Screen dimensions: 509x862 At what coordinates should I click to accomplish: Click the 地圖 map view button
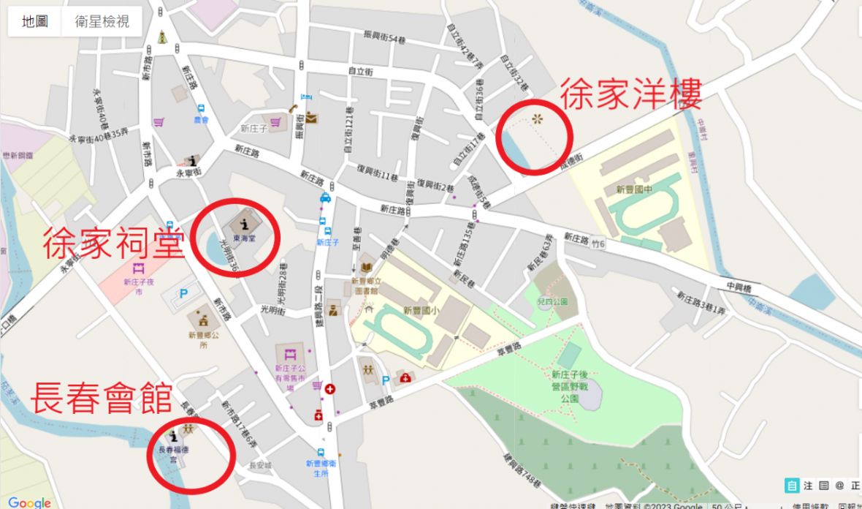[x=35, y=21]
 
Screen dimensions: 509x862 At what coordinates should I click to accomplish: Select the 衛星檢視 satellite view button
[x=102, y=21]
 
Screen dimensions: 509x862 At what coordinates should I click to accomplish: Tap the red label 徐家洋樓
[x=630, y=95]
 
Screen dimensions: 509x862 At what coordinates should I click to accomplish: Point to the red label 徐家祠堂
[x=113, y=244]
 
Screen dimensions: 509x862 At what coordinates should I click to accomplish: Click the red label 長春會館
[x=101, y=400]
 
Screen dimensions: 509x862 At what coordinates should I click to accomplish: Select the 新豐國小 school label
[x=421, y=309]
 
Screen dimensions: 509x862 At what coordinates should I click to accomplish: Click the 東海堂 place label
[x=243, y=238]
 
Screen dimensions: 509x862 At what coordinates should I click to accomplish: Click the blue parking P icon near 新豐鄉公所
[x=184, y=293]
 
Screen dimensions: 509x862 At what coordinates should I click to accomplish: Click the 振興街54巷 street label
[x=384, y=37]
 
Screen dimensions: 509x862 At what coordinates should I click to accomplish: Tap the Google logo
[x=30, y=502]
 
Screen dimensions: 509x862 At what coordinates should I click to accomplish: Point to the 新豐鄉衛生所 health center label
[x=321, y=467]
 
